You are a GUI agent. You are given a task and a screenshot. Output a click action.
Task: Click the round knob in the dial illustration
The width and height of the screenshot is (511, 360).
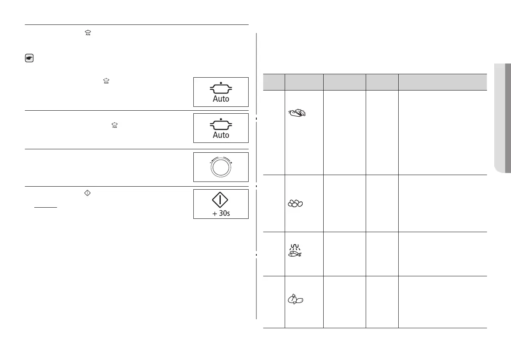(x=221, y=168)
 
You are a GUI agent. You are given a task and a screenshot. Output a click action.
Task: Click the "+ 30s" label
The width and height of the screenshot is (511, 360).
(x=221, y=213)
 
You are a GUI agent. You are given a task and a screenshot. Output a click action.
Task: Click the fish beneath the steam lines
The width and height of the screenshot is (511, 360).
(x=295, y=254)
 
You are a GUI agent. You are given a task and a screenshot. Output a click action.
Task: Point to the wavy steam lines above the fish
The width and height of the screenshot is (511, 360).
(x=295, y=247)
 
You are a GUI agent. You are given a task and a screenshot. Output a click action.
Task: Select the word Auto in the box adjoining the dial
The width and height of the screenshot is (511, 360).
(x=221, y=135)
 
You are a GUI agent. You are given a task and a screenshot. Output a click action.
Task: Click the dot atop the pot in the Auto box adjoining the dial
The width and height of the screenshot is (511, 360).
(x=221, y=118)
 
